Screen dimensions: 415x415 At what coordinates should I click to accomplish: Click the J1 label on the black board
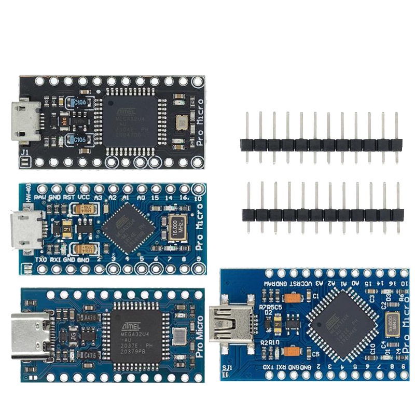[x=24, y=153]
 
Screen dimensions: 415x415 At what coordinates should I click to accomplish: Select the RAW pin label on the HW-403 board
[x=38, y=198]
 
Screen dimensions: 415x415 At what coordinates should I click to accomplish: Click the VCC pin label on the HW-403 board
[x=84, y=198]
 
